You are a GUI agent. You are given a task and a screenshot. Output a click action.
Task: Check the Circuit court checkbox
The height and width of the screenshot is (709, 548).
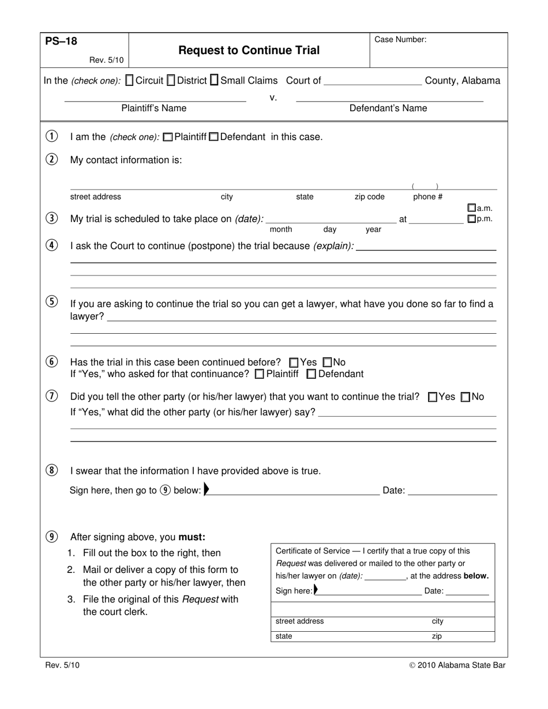point(129,81)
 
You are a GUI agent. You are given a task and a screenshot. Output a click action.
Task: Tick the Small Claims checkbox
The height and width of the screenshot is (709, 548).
point(214,81)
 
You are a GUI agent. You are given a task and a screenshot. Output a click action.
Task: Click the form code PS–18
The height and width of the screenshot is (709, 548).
point(61,42)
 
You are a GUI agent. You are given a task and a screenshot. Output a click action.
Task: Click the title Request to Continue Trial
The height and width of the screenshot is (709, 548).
point(249,50)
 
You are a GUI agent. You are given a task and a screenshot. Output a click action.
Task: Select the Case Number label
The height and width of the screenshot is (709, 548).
point(400,40)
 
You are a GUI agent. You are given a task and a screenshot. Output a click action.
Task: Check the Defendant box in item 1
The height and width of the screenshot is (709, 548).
point(213,137)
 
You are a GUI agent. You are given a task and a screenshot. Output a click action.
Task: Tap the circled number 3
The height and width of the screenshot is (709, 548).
point(51,218)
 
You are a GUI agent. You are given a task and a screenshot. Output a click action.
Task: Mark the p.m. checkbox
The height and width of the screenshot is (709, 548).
point(471,219)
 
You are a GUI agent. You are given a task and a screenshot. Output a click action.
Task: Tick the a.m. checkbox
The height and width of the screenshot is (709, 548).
point(471,208)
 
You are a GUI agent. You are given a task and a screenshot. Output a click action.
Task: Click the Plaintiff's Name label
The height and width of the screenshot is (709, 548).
point(153,108)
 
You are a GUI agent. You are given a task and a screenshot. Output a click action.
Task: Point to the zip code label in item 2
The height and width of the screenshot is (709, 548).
point(369,197)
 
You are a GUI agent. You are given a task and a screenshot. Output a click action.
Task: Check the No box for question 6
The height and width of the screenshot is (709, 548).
point(328,363)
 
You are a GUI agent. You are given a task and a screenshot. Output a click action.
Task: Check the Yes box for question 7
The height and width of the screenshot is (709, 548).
point(433,397)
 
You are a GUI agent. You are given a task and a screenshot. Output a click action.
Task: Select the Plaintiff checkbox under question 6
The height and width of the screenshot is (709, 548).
point(260,374)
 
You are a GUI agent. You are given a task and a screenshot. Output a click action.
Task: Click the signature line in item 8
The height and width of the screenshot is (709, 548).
point(294,491)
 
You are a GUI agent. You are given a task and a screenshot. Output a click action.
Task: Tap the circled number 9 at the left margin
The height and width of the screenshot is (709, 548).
point(51,537)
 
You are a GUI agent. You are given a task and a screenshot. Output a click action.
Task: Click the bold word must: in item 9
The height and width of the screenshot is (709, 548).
point(192,537)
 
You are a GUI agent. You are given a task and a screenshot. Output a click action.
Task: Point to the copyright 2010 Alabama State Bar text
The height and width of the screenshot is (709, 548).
point(457,665)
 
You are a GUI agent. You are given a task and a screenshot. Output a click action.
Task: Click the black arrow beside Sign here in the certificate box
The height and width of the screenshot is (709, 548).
point(316,590)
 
